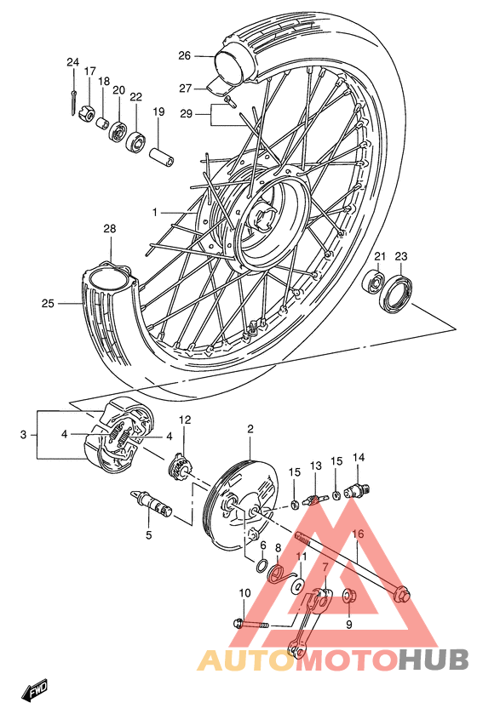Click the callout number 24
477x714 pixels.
[72, 61]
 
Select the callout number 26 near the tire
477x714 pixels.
[185, 56]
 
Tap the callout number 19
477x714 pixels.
[158, 111]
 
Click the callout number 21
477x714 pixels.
[380, 255]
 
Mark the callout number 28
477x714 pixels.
[109, 229]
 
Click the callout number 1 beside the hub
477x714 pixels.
[155, 211]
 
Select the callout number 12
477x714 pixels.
[185, 420]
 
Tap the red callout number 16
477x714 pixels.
[358, 534]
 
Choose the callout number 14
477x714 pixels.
[359, 457]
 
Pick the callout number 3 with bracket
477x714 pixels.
[23, 435]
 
